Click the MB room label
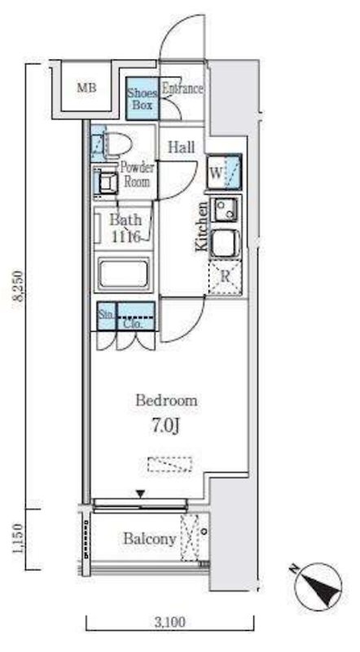click(86, 88)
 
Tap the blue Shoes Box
click(143, 99)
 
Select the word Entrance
click(182, 89)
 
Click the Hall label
click(181, 147)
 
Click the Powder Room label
click(137, 174)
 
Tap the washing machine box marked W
click(225, 172)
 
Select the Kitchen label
click(202, 227)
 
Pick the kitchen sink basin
click(225, 242)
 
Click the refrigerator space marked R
click(225, 277)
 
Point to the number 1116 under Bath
click(126, 236)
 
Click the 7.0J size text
click(165, 427)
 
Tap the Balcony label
click(150, 540)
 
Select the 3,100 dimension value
click(170, 622)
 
